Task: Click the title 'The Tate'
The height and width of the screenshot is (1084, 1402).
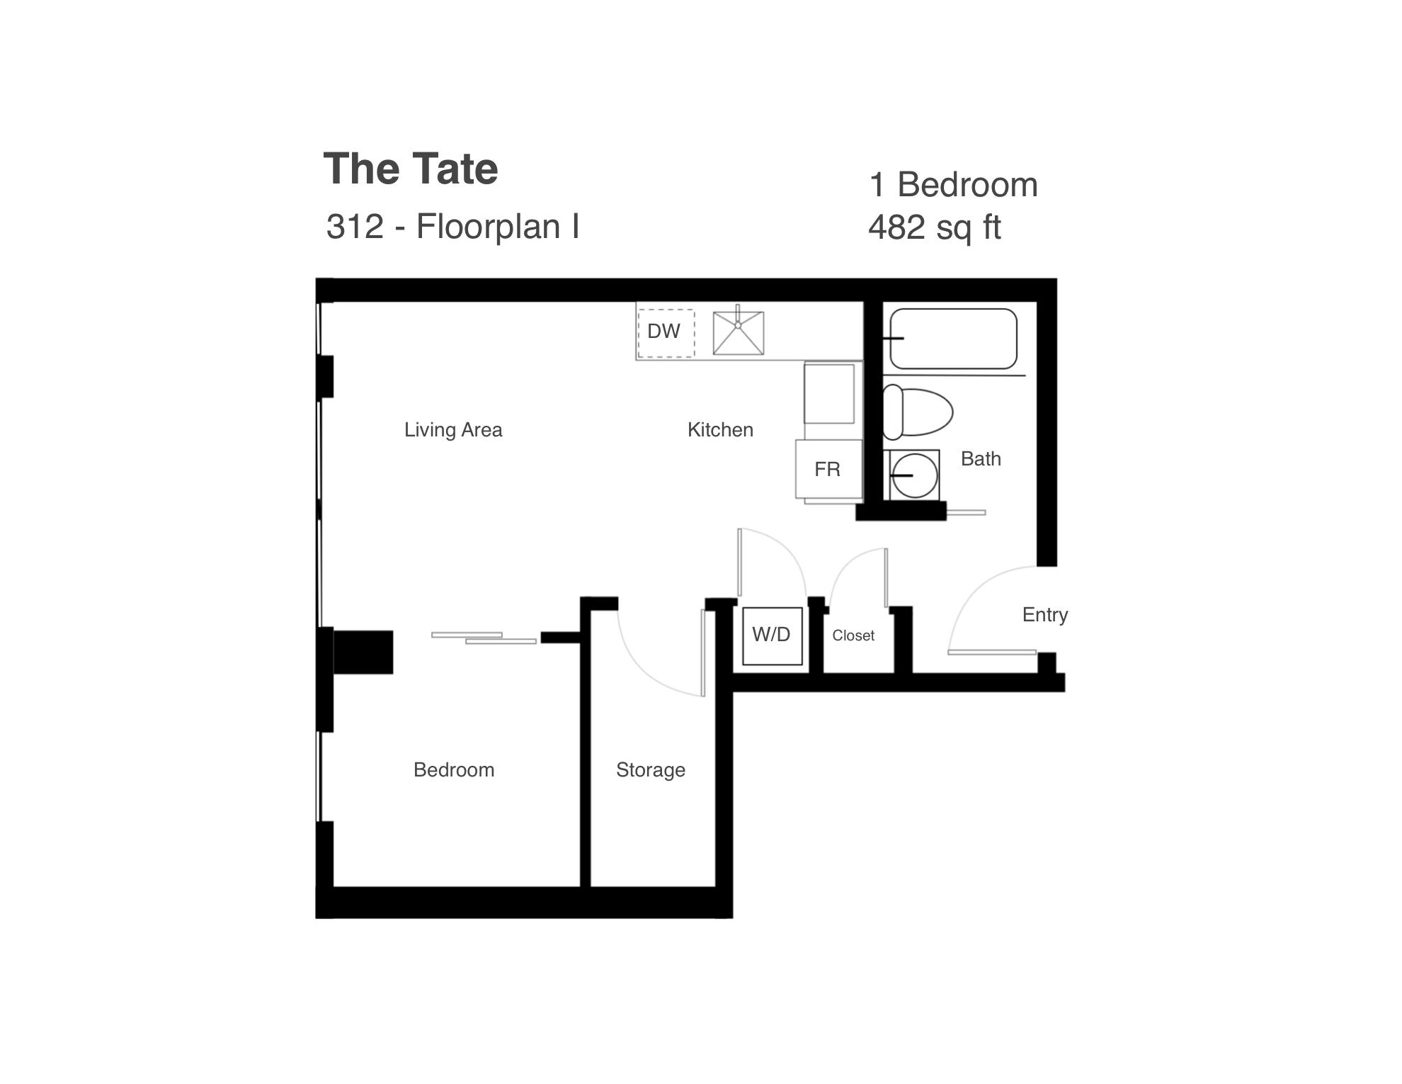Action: point(411,169)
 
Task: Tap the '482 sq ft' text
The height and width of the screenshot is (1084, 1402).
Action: point(935,227)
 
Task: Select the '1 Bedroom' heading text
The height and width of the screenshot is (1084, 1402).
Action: point(953,185)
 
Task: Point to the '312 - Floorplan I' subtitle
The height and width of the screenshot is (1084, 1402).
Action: point(452,227)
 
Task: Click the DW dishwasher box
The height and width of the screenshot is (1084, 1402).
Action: point(666,333)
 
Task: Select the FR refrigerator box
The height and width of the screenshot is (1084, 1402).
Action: point(828,469)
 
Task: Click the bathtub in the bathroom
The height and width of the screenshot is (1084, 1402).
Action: point(953,339)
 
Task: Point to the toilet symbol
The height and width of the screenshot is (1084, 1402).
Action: point(918,412)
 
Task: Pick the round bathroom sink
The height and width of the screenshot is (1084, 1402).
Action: point(914,475)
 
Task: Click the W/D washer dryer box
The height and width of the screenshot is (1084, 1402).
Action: point(772,636)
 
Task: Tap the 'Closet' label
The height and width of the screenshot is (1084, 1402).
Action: point(853,636)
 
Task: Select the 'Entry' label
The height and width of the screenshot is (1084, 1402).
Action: point(1045,615)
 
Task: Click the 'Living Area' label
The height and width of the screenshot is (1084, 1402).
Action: point(453,429)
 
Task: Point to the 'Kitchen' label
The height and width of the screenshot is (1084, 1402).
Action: point(720,429)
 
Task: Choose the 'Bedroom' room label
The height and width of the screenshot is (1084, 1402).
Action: point(454,769)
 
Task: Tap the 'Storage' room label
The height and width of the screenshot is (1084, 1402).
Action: point(651,770)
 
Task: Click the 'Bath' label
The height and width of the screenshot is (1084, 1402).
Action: point(981,459)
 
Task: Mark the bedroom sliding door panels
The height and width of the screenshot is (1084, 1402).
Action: point(484,638)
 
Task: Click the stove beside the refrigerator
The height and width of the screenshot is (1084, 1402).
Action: point(829,394)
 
